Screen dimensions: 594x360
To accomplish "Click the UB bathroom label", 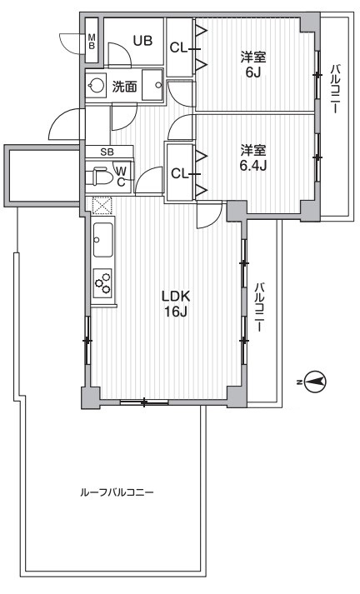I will (141, 41).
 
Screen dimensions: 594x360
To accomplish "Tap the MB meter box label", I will (92, 42).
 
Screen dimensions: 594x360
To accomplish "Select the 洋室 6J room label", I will (252, 65).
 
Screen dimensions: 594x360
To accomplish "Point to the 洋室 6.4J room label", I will (252, 158).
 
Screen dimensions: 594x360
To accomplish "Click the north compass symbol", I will (315, 382).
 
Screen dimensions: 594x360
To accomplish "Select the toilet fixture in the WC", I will (102, 177).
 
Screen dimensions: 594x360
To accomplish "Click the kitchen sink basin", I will (103, 241).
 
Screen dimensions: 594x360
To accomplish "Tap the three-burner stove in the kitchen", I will (104, 286).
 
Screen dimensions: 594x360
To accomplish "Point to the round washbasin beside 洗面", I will (97, 84).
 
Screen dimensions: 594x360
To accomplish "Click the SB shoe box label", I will (106, 152).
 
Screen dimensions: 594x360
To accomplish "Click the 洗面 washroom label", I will (125, 85).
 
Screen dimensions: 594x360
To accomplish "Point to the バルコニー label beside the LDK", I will (260, 307).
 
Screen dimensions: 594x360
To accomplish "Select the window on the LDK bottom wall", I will (144, 403).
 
